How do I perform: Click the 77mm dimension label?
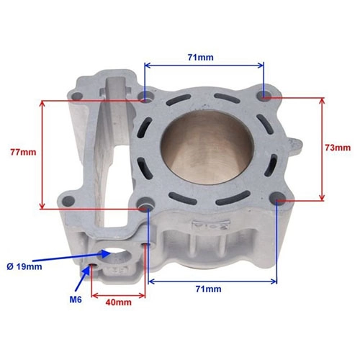click(x=23, y=152)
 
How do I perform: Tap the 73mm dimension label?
click(x=338, y=148)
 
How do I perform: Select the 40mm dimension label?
click(x=119, y=302)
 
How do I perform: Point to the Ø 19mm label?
click(x=24, y=266)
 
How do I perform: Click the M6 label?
click(x=76, y=300)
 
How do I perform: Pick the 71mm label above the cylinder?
click(x=200, y=58)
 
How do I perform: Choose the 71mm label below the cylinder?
click(x=209, y=289)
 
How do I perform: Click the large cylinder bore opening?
click(x=207, y=147)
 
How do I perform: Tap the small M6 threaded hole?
click(x=92, y=266)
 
